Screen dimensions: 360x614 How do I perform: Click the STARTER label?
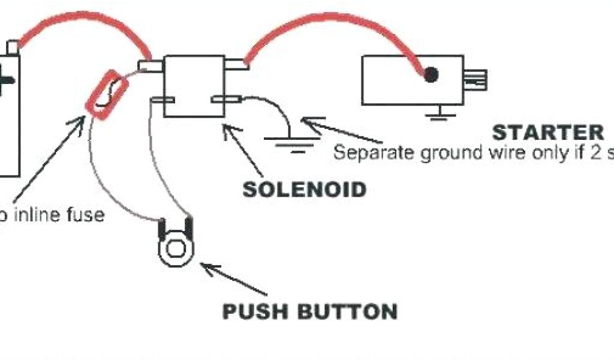547,132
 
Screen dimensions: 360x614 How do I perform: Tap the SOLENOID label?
304,190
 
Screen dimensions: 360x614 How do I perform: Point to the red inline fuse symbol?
107,95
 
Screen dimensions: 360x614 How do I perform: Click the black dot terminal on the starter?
431,74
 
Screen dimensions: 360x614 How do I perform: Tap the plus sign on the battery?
5,81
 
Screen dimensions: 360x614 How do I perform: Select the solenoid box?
194,86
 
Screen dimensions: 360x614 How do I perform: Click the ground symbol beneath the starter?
441,112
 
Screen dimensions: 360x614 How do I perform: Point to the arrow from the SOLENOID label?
243,150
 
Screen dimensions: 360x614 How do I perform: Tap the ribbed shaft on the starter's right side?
477,79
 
